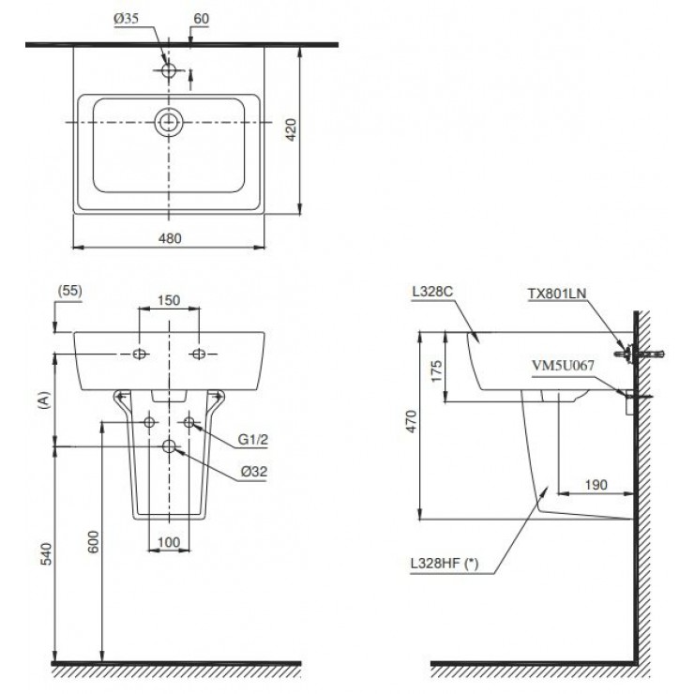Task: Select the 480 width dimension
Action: click(170, 238)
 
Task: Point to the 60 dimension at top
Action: click(200, 18)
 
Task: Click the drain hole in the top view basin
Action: click(170, 122)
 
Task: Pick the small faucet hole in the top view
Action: click(170, 70)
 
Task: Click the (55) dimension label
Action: click(70, 291)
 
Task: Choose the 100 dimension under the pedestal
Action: click(169, 543)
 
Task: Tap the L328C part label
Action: click(431, 294)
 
